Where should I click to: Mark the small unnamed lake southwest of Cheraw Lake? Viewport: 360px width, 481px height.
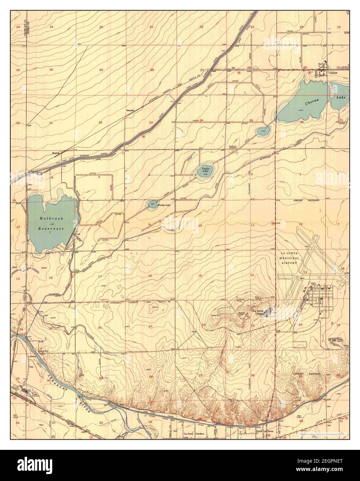pyautogui.click(x=262, y=131)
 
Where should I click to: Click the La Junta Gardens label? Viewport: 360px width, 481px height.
pyautogui.click(x=193, y=434)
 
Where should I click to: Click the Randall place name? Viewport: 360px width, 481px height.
pyautogui.click(x=130, y=111)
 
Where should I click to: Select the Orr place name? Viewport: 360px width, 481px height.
pyautogui.click(x=233, y=67)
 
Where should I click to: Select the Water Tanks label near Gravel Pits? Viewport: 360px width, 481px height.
pyautogui.click(x=258, y=297)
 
